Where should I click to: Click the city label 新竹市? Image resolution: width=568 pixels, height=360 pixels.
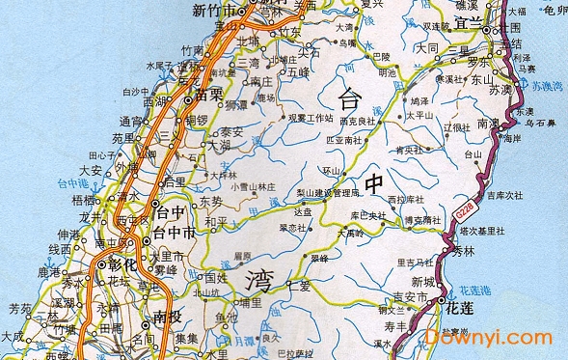click(215, 12)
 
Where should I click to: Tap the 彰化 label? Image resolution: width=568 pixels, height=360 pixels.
click(118, 264)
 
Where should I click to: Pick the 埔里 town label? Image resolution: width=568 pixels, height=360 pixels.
click(251, 302)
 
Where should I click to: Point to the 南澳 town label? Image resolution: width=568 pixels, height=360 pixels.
click(489, 124)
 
